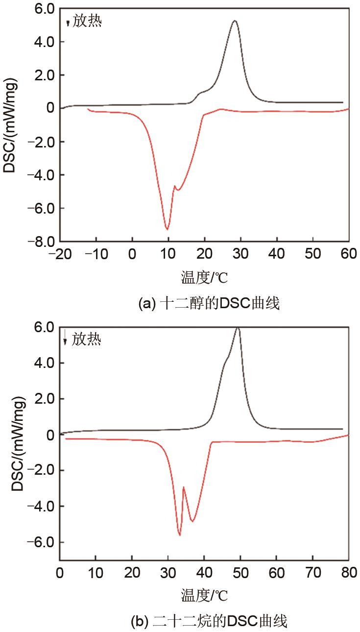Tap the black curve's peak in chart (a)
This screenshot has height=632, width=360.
pos(235,21)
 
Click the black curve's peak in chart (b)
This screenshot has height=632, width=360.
pos(238,327)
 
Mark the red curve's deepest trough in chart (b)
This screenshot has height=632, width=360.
pos(180,535)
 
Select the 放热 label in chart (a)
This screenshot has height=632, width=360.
pos(87,22)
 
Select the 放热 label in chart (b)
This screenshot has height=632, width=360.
pos(87,339)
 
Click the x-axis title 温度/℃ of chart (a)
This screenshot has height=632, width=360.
pos(204,278)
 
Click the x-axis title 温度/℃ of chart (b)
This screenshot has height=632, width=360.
pos(204,595)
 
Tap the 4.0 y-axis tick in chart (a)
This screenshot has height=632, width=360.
pos(45,42)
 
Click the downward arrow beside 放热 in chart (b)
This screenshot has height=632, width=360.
pos(65,338)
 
